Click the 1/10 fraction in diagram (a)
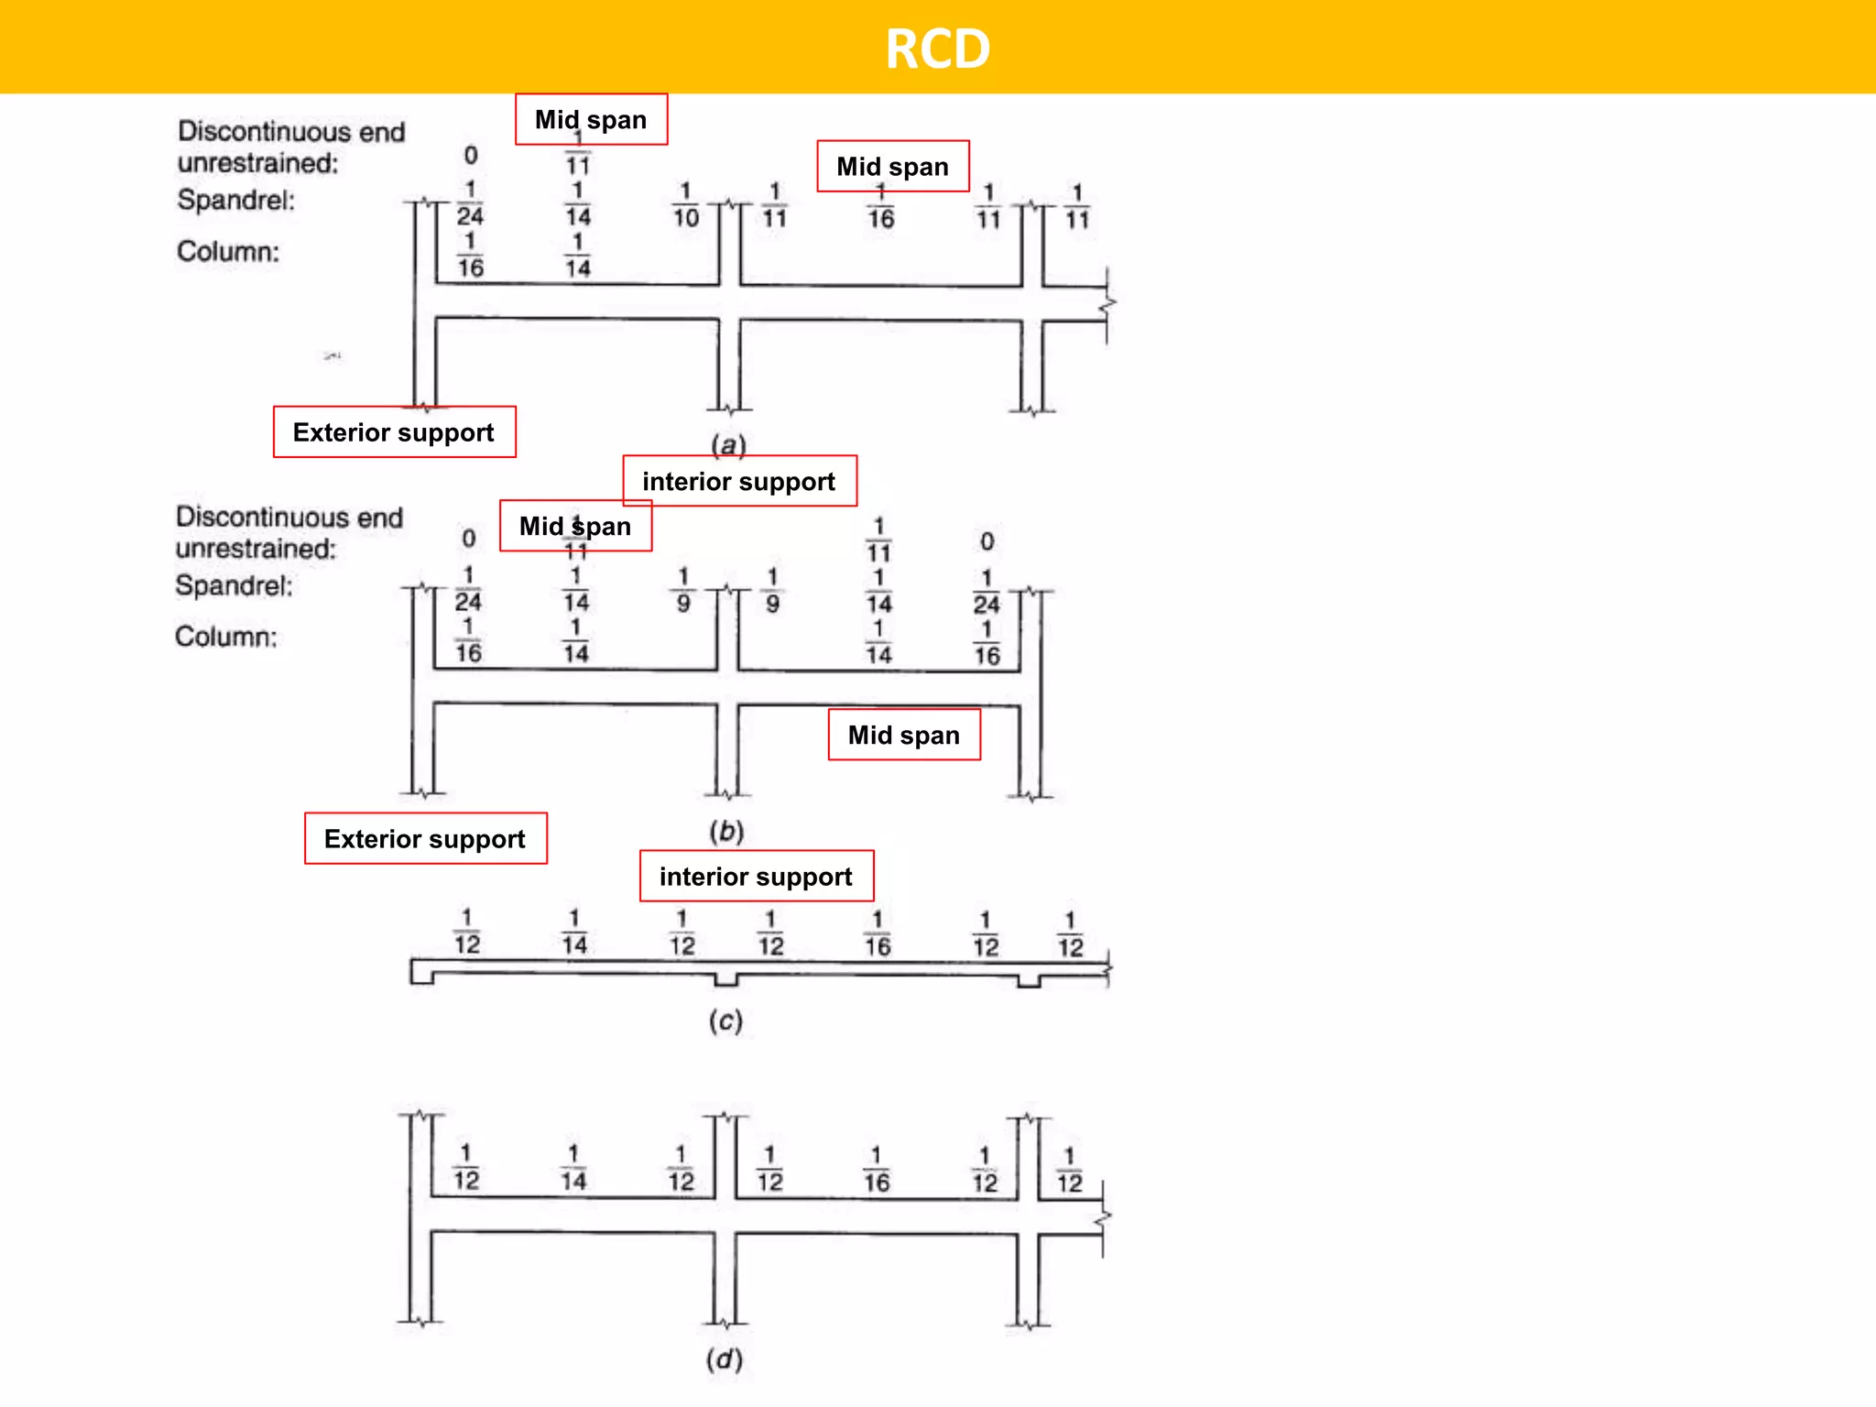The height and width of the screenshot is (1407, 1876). pos(685,205)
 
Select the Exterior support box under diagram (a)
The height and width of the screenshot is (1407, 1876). pos(394,432)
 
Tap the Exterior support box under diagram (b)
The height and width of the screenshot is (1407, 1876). pos(425,838)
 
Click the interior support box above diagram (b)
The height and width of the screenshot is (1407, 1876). pos(739,481)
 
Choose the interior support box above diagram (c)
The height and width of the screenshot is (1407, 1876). pos(756,877)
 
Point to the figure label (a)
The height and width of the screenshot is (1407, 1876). pos(728,445)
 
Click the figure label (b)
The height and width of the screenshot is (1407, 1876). pos(726,832)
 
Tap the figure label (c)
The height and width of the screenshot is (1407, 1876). pos(725,1020)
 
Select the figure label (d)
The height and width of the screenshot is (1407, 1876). pos(724,1358)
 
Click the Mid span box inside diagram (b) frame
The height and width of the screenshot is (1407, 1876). pos(904,735)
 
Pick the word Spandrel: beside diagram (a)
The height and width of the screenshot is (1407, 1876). pos(235,200)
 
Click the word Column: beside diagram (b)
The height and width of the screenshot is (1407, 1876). pos(225,637)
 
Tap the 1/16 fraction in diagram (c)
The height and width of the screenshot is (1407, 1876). pos(878,933)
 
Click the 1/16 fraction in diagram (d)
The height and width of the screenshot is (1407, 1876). pos(876,1170)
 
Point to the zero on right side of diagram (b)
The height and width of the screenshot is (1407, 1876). pos(987,541)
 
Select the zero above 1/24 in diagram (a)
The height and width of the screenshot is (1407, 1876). pos(470,155)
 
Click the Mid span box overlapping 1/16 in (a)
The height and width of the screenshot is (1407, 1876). pos(892,166)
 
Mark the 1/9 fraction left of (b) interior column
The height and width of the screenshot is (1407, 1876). pos(683,590)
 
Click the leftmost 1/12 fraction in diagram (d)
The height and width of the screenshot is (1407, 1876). pos(466,1167)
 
